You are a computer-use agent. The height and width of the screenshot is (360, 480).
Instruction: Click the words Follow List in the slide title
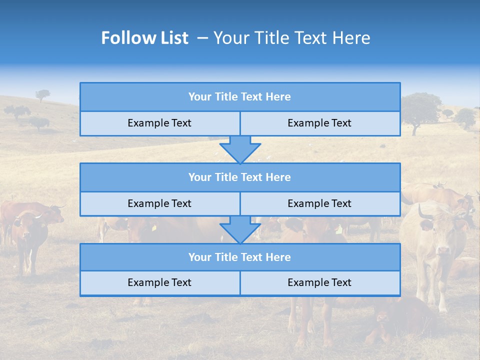(x=144, y=38)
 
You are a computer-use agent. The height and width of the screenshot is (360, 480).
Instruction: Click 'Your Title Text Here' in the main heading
(x=291, y=38)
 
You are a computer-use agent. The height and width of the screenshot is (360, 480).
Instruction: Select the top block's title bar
(x=240, y=97)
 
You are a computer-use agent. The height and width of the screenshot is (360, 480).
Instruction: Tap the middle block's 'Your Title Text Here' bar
(x=240, y=177)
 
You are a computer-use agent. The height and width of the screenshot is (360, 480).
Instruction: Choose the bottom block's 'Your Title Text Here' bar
(x=240, y=257)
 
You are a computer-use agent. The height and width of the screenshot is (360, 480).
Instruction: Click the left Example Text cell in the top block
(x=159, y=123)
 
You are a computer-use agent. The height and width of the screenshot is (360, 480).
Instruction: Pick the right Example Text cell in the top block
(x=319, y=123)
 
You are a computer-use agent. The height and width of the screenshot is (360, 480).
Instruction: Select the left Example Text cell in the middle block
(x=159, y=203)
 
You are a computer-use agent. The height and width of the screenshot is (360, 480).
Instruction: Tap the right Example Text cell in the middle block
(x=319, y=203)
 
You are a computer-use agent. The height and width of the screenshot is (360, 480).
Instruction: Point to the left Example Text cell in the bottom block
(x=159, y=282)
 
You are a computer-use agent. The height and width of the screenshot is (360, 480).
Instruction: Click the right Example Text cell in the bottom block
(x=319, y=282)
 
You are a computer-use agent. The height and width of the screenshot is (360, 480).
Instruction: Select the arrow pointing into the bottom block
(x=240, y=229)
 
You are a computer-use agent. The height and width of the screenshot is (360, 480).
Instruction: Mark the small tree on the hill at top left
(x=42, y=94)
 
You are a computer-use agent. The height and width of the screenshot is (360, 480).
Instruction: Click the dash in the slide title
(x=202, y=38)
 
